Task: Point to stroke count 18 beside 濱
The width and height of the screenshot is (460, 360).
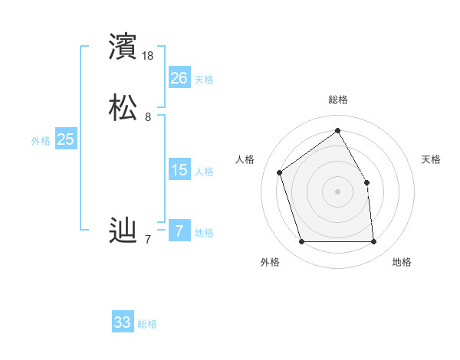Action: (148, 56)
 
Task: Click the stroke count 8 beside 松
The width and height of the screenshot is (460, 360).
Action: (148, 117)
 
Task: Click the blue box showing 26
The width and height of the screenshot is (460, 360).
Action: (179, 78)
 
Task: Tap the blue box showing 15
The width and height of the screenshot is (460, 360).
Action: (179, 170)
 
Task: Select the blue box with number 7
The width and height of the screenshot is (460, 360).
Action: (179, 231)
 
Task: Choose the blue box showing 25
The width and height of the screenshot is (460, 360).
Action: (65, 139)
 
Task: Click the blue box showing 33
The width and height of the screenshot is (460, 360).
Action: (123, 322)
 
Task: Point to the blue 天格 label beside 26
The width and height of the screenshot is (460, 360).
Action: (204, 80)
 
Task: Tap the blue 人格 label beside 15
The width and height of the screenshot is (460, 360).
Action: (204, 172)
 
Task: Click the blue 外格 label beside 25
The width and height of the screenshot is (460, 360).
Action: (41, 141)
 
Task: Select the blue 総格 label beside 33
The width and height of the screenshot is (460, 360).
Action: (148, 324)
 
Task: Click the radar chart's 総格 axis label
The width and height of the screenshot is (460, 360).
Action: (338, 100)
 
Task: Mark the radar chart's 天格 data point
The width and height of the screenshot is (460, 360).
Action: (366, 182)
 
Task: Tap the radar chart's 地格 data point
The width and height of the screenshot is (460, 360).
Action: (374, 242)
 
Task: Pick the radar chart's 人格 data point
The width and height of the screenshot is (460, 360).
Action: (280, 172)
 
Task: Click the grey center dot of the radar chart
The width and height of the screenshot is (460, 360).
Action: (338, 191)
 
